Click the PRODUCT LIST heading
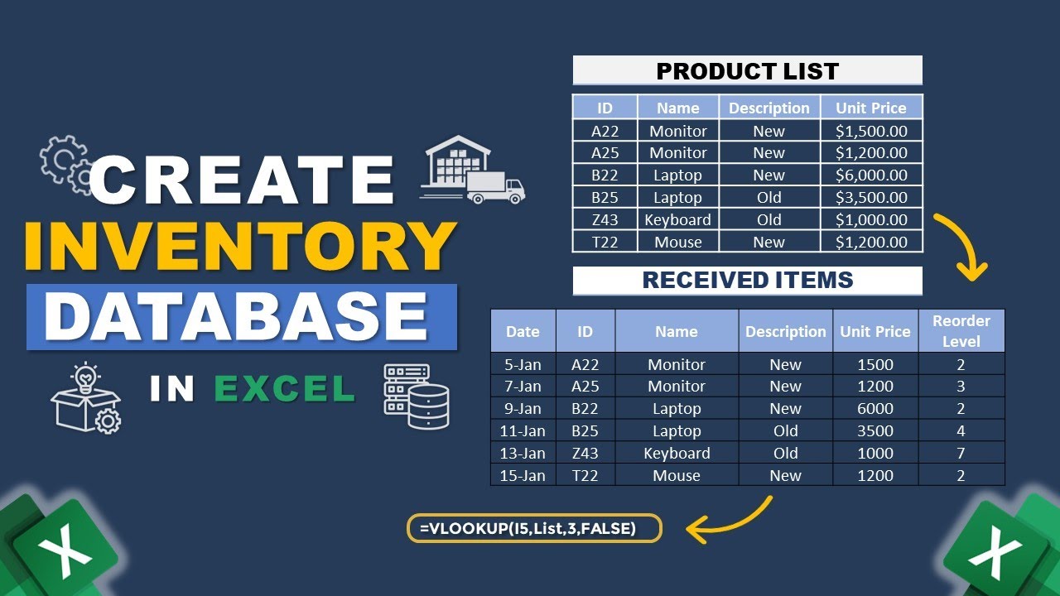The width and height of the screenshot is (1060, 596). (x=747, y=71)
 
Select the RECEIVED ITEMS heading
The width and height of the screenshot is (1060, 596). (x=747, y=280)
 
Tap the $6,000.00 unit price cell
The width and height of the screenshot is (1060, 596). (x=871, y=175)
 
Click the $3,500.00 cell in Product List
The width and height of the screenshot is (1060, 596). (x=871, y=198)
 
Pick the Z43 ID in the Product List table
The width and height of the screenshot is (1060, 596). (x=605, y=220)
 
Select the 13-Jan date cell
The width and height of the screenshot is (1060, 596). (x=523, y=454)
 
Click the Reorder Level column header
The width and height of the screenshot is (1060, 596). (x=961, y=331)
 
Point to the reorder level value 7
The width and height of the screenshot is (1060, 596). (x=961, y=454)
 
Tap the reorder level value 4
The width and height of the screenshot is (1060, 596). (x=961, y=431)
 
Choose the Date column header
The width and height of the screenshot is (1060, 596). (x=523, y=331)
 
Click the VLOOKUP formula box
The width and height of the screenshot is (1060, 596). (x=534, y=528)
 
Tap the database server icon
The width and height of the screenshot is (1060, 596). (x=417, y=397)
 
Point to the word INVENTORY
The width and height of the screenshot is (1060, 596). (x=239, y=246)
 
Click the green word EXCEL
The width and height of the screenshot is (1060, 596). (x=285, y=389)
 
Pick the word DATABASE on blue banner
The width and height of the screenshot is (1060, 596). (x=240, y=317)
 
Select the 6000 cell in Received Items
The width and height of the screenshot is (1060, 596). (x=875, y=409)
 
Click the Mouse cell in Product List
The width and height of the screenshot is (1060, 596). (x=677, y=243)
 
